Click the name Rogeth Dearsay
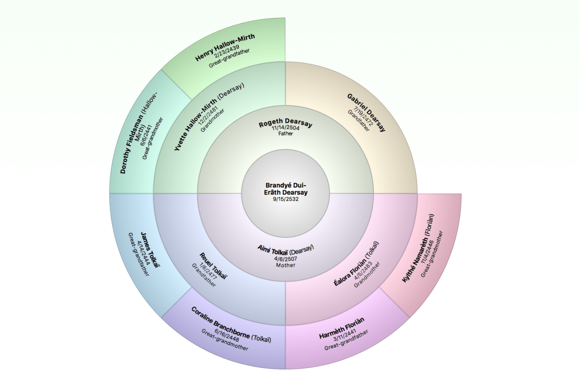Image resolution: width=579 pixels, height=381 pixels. [286, 124]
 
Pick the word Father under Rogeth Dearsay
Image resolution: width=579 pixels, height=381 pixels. [286, 134]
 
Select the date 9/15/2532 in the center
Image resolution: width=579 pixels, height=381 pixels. [286, 199]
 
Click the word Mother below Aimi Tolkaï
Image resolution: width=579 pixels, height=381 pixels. [286, 265]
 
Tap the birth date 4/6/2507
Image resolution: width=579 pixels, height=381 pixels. [286, 258]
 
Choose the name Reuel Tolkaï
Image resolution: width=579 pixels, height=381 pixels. [213, 266]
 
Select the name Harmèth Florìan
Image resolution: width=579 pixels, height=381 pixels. [342, 329]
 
